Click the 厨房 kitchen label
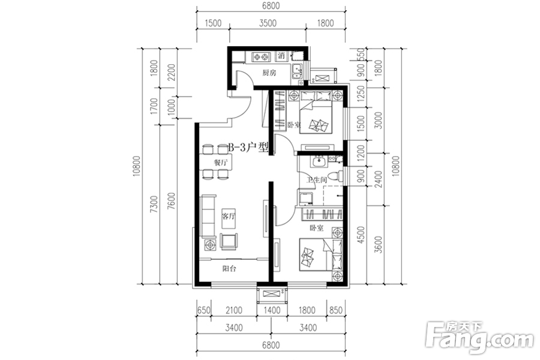click(x=269, y=73)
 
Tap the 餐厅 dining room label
click(x=221, y=163)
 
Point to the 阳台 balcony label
click(x=229, y=269)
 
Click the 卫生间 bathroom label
click(x=316, y=180)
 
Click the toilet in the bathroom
click(x=340, y=175)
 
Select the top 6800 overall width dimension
click(x=271, y=7)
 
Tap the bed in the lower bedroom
click(x=318, y=255)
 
